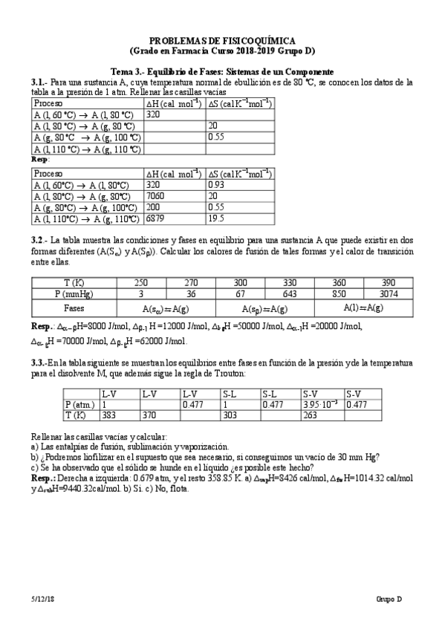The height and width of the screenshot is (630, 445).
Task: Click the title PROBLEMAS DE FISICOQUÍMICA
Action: [222, 40]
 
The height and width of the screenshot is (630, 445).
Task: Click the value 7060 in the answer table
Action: [156, 197]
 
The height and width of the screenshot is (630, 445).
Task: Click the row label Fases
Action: [74, 307]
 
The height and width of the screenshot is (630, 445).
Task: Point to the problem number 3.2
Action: [39, 241]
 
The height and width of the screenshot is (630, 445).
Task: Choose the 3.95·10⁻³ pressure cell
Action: [320, 404]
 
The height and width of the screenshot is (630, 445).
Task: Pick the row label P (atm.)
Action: [79, 404]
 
